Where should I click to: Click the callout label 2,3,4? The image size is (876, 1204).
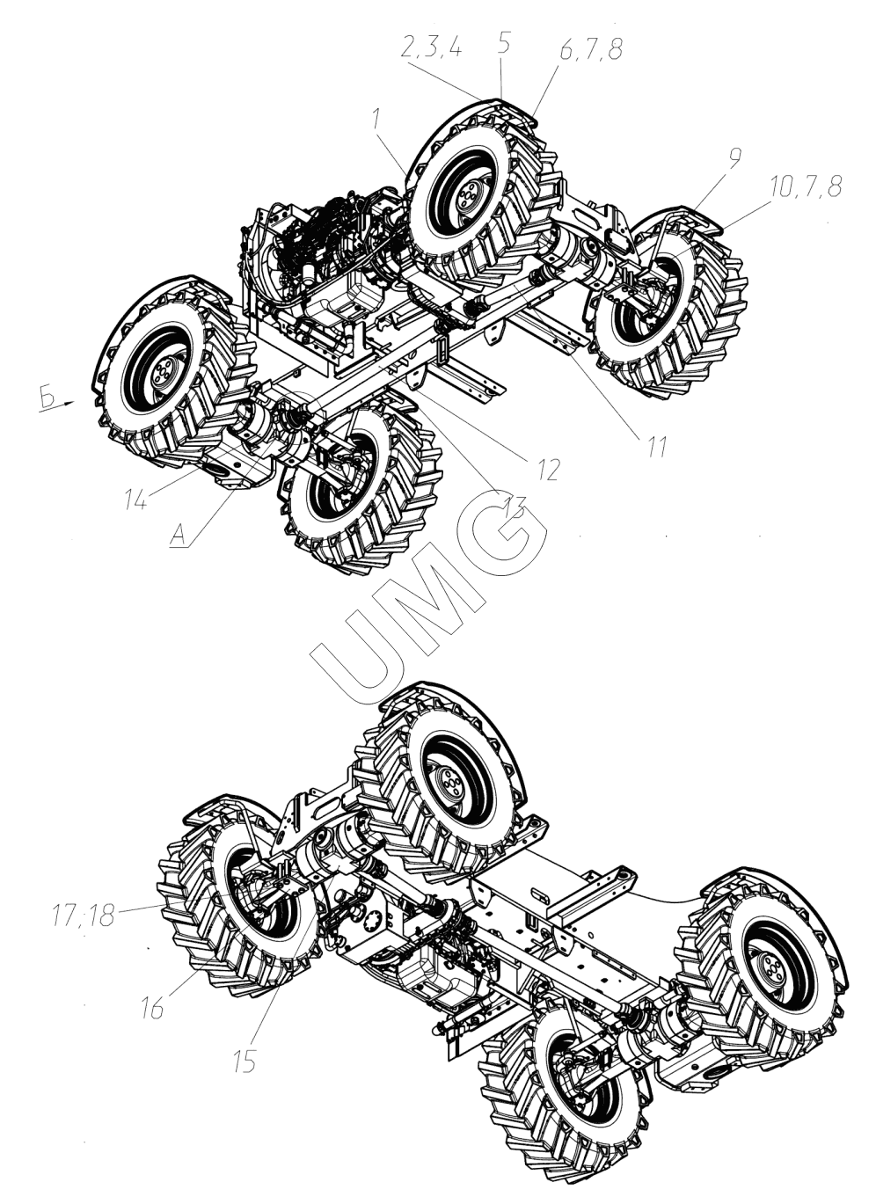tap(431, 48)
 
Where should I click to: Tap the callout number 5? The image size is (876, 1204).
tap(503, 44)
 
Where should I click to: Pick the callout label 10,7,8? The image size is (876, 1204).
tap(806, 186)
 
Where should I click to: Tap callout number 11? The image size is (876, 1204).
tap(657, 446)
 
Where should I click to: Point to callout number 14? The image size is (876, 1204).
tap(136, 501)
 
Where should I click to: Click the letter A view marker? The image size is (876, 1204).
tap(179, 536)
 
